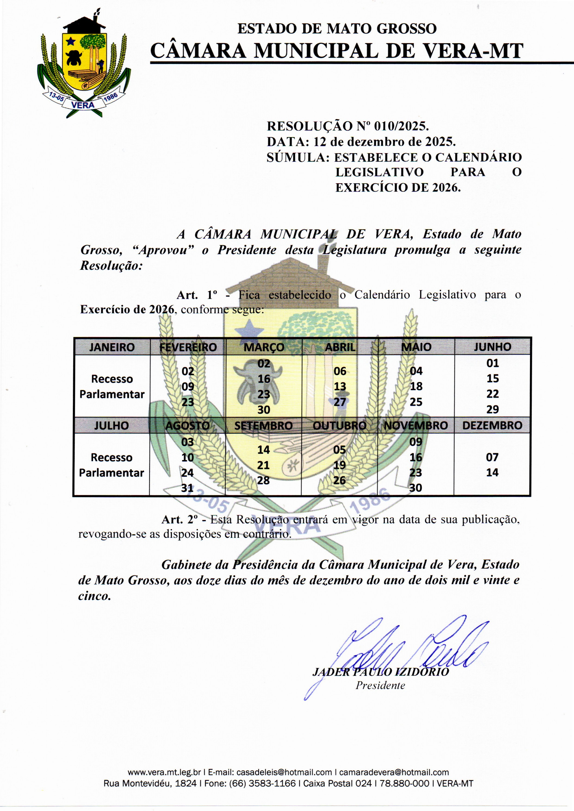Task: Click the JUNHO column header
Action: coord(492,347)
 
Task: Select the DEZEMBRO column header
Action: coord(492,425)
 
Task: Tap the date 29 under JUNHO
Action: coord(492,409)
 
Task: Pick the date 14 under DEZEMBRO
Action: coord(492,472)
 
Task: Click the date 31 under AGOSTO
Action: coord(187,488)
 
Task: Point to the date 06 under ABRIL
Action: coord(340,371)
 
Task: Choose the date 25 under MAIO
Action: coord(416,402)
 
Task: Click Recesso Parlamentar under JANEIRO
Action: coord(112,387)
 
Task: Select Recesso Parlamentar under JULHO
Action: coord(112,465)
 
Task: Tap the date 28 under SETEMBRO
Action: coord(263,480)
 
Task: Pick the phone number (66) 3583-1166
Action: coord(262,783)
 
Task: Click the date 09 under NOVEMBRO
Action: coord(416,442)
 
